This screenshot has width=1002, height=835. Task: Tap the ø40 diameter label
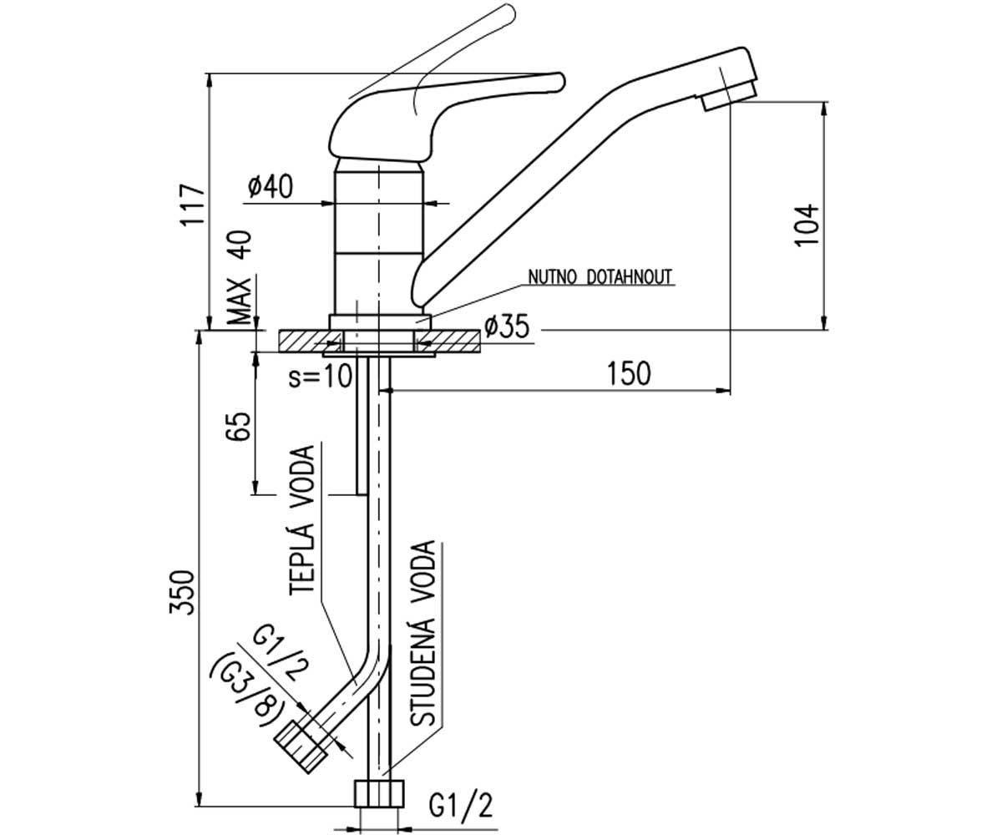270,186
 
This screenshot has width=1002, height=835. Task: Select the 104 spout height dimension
807,225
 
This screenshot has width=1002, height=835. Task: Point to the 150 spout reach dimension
629,374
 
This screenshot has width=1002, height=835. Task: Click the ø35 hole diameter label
507,326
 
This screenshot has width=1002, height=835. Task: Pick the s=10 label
320,376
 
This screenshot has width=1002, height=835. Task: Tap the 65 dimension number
239,426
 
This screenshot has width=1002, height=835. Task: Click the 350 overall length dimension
182,592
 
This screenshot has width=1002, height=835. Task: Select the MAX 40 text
239,277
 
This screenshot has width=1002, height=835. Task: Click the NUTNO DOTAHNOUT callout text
600,277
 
